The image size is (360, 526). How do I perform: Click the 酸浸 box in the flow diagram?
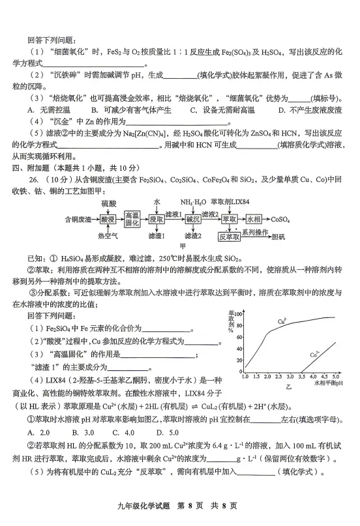click(106, 220)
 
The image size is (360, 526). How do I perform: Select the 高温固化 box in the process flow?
click(132, 220)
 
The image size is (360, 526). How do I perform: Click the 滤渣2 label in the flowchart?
click(192, 236)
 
